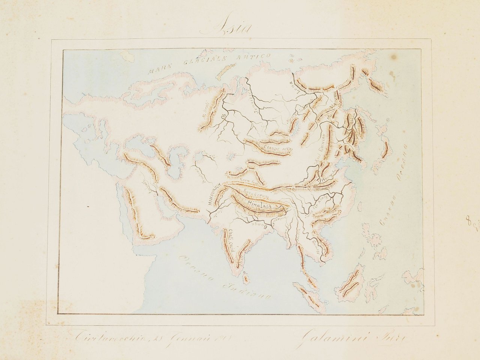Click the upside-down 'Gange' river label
pyautogui.click(x=261, y=225)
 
